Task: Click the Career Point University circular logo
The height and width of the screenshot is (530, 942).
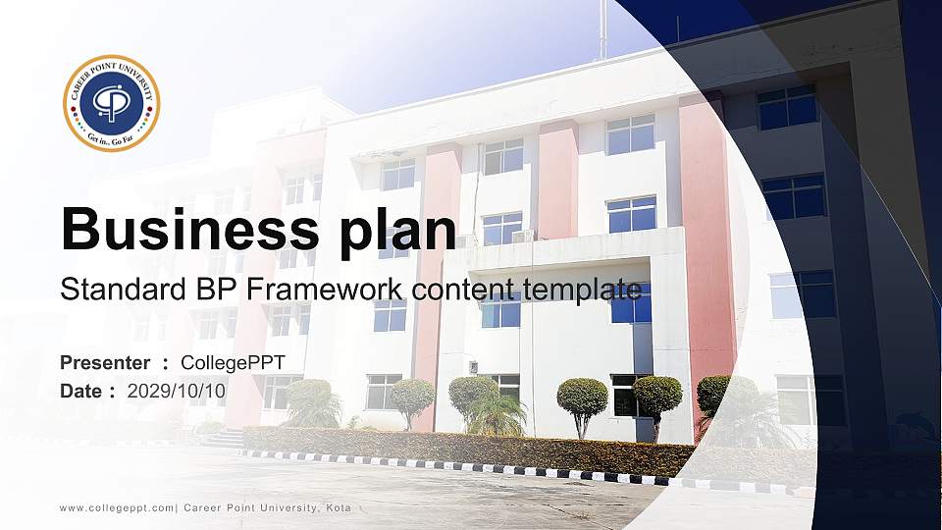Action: [111, 103]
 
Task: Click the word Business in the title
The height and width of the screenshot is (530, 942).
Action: [185, 230]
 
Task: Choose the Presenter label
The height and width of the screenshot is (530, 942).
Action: [105, 363]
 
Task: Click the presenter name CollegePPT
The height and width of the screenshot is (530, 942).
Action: [234, 363]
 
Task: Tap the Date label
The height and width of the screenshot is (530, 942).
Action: [81, 391]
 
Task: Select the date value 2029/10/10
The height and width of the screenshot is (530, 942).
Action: [177, 391]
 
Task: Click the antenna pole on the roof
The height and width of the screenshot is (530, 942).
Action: [602, 29]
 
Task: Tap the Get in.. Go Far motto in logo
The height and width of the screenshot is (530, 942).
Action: [111, 140]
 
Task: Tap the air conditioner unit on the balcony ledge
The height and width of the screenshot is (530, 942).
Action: [523, 237]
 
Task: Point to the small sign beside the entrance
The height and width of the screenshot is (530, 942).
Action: [473, 367]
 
